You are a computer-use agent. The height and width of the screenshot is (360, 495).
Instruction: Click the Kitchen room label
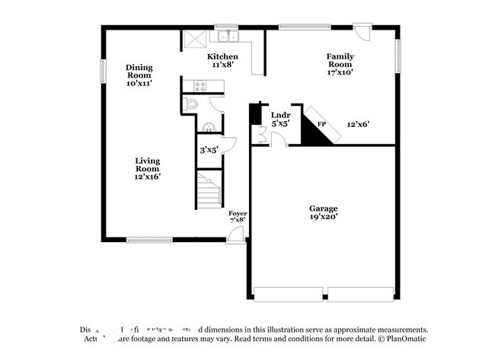coord(222,61)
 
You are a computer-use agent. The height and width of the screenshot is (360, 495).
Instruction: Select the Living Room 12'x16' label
coord(147,168)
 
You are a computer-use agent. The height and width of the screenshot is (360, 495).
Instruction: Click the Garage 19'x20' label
coord(323,212)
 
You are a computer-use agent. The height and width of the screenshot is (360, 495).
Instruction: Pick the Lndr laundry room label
coord(280,119)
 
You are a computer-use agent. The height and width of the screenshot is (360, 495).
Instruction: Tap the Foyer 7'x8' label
coord(237,217)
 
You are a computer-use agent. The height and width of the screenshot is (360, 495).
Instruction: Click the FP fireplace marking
coord(321,124)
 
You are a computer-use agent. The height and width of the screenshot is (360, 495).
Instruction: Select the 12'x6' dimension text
coord(358,124)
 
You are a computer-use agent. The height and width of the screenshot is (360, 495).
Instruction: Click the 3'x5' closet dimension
coord(208,150)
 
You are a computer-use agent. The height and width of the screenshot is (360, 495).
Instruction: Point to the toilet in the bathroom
coord(191,104)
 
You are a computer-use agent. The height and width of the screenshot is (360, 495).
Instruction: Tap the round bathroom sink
coord(206,127)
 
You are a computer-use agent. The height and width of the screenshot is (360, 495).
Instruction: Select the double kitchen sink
coord(226,37)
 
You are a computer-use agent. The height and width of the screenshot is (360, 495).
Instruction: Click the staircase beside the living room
coord(208,190)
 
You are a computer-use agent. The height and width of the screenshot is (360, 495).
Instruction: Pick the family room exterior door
coord(363,33)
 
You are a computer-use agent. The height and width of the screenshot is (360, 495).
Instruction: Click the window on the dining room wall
coord(102,70)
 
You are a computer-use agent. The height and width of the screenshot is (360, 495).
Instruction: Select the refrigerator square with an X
coord(190,38)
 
